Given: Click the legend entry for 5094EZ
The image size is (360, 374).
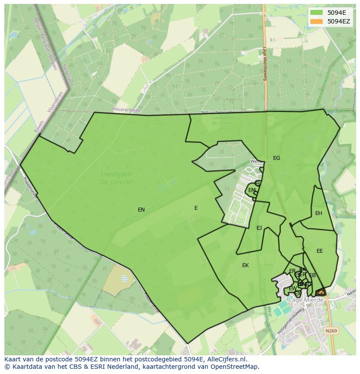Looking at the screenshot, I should (x=334, y=21).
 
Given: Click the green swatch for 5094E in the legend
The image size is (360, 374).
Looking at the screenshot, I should (x=317, y=13).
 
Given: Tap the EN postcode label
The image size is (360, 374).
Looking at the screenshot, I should (x=141, y=210).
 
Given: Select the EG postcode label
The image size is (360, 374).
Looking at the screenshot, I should (x=277, y=158).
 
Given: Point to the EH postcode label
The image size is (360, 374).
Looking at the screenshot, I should (x=319, y=213).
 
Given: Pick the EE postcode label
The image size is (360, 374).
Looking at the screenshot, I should (x=320, y=251).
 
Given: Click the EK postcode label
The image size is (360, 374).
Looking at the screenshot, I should (x=245, y=265).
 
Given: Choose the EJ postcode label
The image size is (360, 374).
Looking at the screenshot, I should (x=259, y=228).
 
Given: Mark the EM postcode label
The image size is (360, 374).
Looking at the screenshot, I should (x=252, y=190).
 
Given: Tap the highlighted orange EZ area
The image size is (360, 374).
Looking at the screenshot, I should (x=320, y=292).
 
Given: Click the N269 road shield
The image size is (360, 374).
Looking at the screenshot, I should (x=331, y=331).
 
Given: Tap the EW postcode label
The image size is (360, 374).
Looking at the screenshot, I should (x=293, y=288).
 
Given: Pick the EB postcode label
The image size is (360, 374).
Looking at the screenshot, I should (x=312, y=275).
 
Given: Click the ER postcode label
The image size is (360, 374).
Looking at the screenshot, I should (x=292, y=271).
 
